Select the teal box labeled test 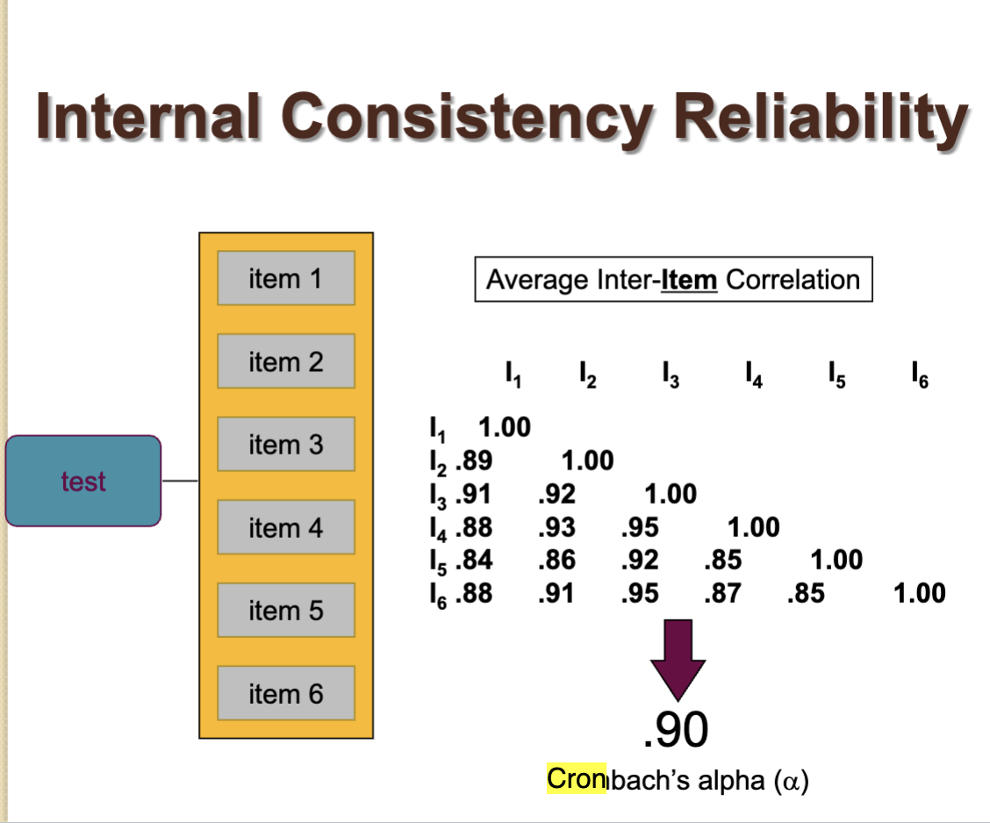click(83, 481)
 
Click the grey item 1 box click(286, 278)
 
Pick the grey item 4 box click(286, 527)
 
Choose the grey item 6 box click(286, 693)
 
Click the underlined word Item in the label click(689, 280)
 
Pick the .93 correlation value click(556, 527)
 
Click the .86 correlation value click(556, 560)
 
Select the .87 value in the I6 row click(722, 593)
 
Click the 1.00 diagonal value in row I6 click(919, 593)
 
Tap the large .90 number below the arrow click(675, 730)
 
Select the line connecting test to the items click(180, 481)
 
